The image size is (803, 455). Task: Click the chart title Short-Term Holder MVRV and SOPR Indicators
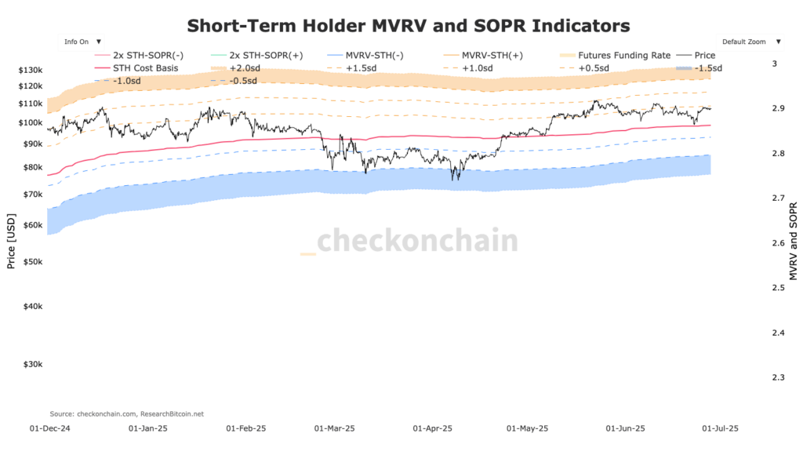pos(408,25)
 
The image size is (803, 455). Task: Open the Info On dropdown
pos(82,41)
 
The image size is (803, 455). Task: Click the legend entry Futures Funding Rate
pos(623,56)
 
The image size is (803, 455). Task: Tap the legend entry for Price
pos(704,56)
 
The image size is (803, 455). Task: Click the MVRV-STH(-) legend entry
pos(373,56)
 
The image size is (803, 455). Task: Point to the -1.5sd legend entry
pos(708,67)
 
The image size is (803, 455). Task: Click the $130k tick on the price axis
pos(30,71)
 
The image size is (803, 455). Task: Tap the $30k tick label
pos(32,365)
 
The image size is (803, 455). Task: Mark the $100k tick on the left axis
pos(30,122)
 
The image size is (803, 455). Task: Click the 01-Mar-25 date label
pos(335,429)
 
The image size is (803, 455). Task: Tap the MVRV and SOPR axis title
pos(793,238)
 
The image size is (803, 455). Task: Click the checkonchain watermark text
pos(416,240)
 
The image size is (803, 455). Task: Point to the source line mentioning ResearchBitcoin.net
pos(126,413)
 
